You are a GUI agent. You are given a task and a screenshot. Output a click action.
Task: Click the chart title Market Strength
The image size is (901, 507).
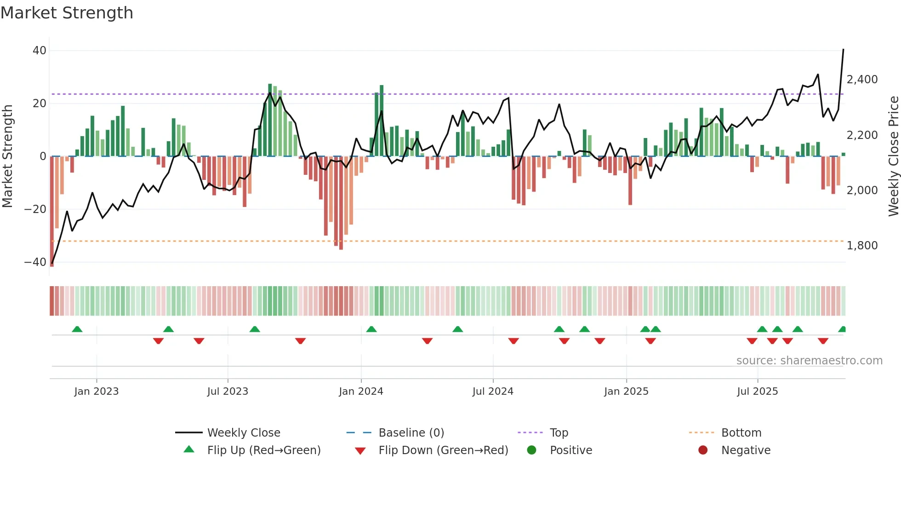[x=67, y=13]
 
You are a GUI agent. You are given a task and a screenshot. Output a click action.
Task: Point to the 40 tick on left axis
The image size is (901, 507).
[x=40, y=51]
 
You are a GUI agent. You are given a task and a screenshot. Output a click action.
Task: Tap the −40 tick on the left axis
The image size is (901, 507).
[x=35, y=262]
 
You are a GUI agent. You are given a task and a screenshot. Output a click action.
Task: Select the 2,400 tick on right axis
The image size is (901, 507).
[x=862, y=80]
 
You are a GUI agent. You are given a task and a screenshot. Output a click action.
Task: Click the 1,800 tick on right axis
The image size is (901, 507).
[x=862, y=246]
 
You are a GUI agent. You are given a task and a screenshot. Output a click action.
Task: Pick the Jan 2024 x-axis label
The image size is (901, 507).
[x=361, y=392]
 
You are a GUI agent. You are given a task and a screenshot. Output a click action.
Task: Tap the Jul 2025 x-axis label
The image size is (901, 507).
[x=757, y=392]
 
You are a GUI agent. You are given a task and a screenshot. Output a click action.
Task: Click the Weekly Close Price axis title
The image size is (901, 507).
[x=893, y=156]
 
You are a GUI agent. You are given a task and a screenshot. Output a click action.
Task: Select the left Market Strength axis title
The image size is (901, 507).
[x=8, y=156]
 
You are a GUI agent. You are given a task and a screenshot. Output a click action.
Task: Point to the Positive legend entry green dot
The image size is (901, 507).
[x=532, y=450]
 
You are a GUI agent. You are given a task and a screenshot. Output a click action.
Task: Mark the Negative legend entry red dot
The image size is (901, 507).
[x=703, y=450]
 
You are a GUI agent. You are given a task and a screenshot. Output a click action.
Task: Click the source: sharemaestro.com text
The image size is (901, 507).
[x=809, y=361]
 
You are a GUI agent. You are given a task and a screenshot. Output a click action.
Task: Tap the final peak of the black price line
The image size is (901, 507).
[x=843, y=49]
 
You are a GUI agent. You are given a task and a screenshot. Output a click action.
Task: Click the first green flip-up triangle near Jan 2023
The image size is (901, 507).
[x=77, y=329]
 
